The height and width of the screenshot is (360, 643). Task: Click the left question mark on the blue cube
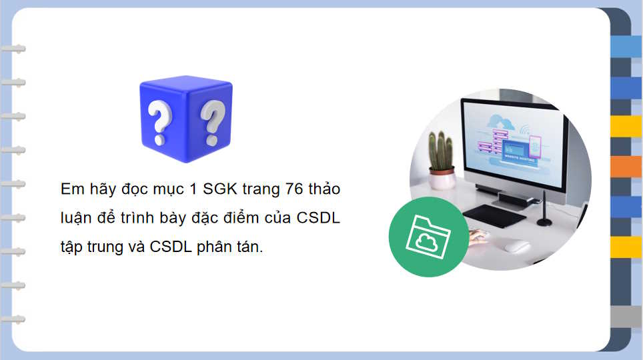(x=159, y=123)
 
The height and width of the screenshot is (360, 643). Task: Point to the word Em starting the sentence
(x=69, y=189)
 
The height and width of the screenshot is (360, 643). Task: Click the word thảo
(x=326, y=189)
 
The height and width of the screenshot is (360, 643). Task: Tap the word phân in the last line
(x=213, y=247)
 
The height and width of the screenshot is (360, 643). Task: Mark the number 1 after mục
(x=193, y=189)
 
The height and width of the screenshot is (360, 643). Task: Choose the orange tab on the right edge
(x=626, y=167)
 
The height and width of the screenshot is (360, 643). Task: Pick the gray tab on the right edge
(x=626, y=317)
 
